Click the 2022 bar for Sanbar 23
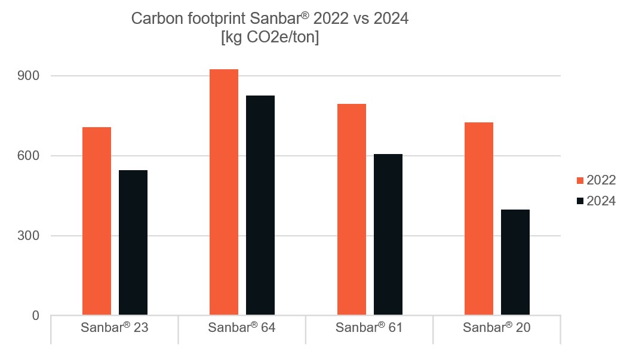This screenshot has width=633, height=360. [97, 221]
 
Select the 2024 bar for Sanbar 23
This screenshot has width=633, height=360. [133, 242]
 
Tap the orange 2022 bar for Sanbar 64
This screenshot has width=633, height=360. [224, 192]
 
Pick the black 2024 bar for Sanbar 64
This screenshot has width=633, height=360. [260, 205]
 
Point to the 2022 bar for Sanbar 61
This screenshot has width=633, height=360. [352, 210]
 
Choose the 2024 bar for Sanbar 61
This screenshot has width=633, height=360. [388, 234]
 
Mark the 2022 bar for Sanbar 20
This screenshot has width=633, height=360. [479, 219]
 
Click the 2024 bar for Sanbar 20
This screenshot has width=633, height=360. [515, 262]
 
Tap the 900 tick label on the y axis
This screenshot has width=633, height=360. [28, 76]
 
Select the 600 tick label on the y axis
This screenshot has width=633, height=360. [28, 156]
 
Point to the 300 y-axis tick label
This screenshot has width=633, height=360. [28, 236]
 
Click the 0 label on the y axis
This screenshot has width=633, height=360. [36, 315]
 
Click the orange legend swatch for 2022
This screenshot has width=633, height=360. [580, 181]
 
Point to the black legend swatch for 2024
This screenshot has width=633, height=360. [580, 201]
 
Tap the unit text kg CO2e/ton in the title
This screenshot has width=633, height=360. [269, 37]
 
